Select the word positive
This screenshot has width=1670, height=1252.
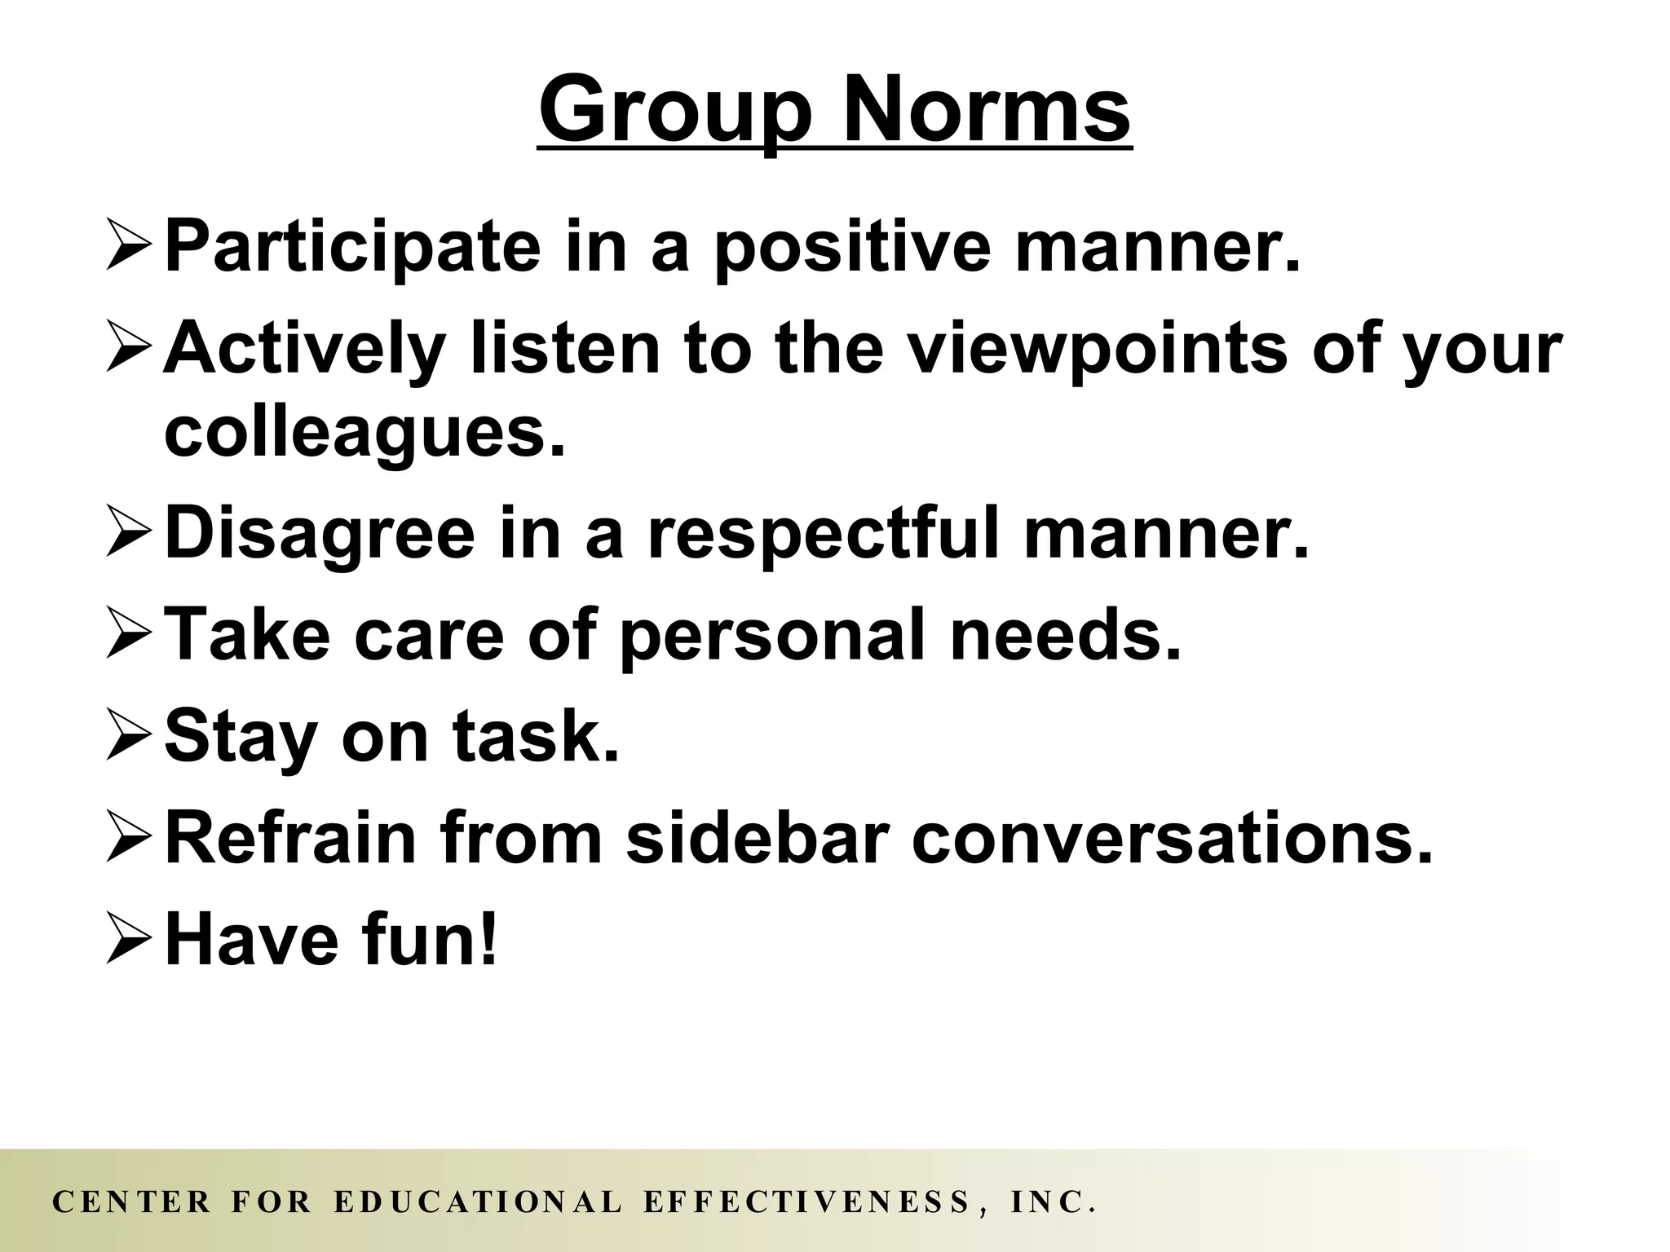(849, 247)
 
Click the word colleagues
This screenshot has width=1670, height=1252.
(364, 433)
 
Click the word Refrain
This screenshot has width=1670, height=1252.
(290, 837)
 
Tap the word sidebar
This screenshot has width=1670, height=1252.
(755, 837)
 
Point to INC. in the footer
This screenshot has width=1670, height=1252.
(1051, 1202)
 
